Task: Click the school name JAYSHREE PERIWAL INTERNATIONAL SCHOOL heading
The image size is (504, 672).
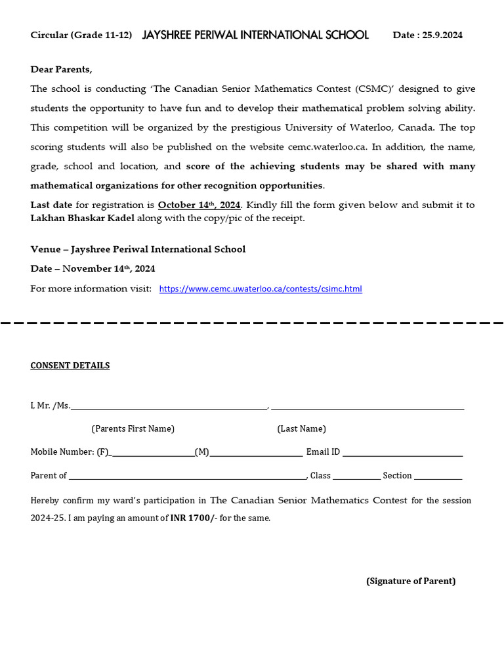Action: click(255, 35)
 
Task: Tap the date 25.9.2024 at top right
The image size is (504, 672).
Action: click(442, 35)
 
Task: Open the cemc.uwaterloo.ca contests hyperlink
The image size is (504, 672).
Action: click(261, 289)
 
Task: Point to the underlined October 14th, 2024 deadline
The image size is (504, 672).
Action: click(199, 205)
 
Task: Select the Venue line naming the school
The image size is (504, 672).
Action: click(138, 249)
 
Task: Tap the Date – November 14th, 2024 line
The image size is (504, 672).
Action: click(93, 268)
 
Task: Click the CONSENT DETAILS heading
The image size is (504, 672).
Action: click(70, 366)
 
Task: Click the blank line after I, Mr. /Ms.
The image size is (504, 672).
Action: click(169, 406)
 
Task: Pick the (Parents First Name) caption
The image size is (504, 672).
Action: click(133, 429)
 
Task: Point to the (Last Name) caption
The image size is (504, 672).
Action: click(301, 429)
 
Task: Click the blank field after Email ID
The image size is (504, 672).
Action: click(402, 452)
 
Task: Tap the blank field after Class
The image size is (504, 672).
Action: click(356, 476)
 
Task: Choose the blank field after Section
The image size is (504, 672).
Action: click(438, 476)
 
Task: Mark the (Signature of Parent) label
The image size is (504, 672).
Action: click(411, 581)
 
